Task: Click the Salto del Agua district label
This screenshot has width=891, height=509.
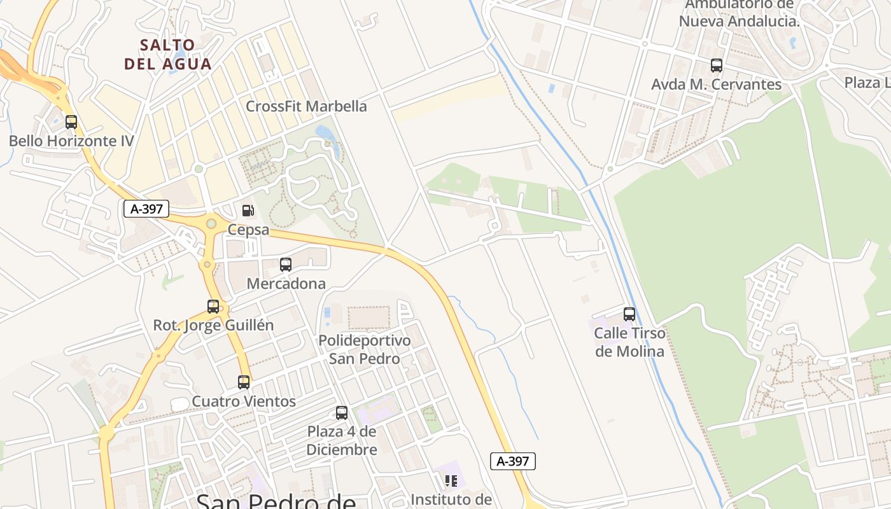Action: click(168, 54)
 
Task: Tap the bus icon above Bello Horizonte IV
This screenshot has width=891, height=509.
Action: click(71, 122)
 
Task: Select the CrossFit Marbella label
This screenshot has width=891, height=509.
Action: click(306, 106)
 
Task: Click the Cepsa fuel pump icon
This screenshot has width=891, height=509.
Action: click(248, 211)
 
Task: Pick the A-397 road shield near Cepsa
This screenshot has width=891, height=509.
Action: click(146, 209)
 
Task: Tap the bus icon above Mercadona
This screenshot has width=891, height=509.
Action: click(286, 265)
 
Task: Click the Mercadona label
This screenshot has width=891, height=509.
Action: click(286, 284)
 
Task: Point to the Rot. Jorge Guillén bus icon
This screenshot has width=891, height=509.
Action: click(213, 307)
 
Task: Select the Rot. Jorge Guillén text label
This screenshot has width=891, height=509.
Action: click(213, 325)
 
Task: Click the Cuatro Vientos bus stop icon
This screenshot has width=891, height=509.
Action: click(244, 382)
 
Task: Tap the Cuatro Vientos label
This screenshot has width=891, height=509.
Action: click(244, 401)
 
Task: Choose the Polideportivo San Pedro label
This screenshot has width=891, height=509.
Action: click(364, 349)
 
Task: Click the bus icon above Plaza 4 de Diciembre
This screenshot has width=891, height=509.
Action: click(342, 413)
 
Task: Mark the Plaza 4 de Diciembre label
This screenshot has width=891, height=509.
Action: click(342, 440)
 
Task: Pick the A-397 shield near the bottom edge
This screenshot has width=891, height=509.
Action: click(513, 461)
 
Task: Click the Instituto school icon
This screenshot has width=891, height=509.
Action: click(451, 481)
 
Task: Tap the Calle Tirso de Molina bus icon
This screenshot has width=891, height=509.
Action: click(629, 314)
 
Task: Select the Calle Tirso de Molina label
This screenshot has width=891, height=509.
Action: click(629, 342)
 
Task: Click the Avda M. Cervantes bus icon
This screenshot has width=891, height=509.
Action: click(717, 66)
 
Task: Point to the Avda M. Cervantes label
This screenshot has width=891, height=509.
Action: click(717, 84)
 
